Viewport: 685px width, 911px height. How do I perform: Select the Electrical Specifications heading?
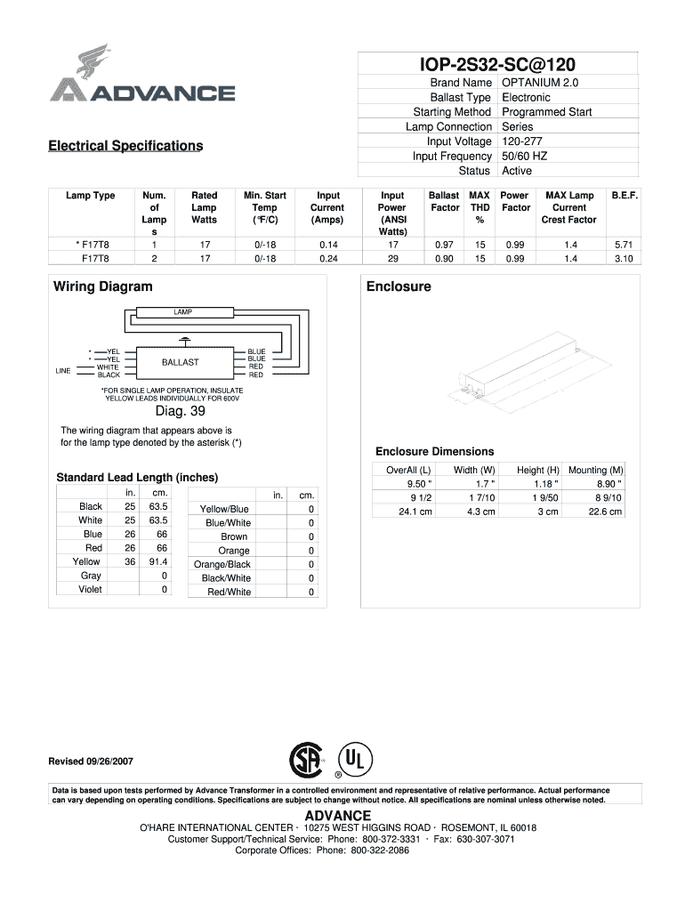[x=125, y=146]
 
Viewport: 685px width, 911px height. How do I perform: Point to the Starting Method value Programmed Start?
[x=546, y=112]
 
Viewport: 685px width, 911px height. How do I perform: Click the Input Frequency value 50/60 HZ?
[x=524, y=156]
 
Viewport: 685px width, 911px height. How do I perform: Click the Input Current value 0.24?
[x=326, y=259]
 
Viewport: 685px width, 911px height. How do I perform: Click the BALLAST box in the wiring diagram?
[x=181, y=362]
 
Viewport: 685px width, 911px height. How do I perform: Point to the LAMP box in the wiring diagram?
[x=183, y=312]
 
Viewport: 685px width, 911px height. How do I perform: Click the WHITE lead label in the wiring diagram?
[x=108, y=367]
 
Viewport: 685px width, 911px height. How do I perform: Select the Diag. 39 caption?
[x=181, y=411]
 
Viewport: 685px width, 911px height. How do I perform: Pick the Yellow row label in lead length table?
[x=86, y=562]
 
